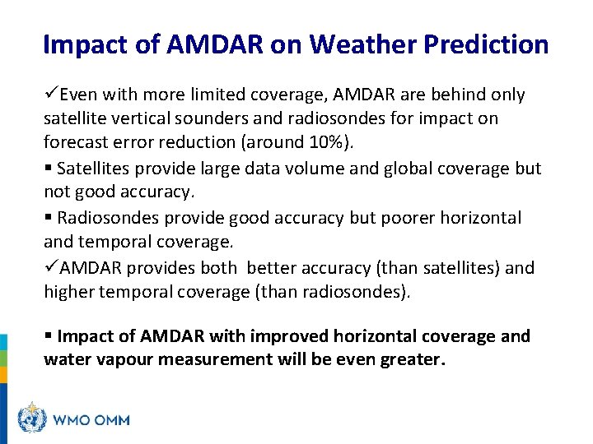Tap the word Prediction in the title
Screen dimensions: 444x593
click(486, 44)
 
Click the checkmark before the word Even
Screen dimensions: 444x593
click(51, 94)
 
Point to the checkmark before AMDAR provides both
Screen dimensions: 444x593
click(51, 268)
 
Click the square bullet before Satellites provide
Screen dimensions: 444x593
click(48, 169)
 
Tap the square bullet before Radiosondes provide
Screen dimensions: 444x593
click(48, 218)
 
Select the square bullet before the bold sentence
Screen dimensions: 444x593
click(48, 336)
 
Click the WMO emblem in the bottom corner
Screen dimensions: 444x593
click(32, 419)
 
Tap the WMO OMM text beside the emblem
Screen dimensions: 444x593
click(91, 420)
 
